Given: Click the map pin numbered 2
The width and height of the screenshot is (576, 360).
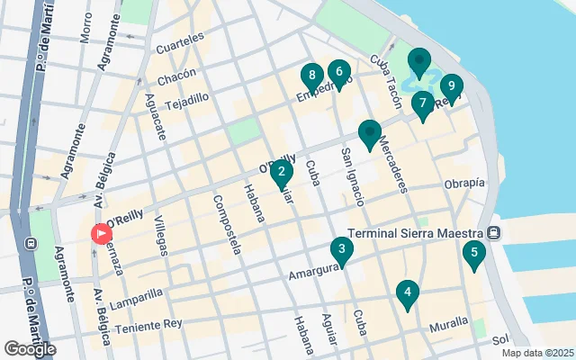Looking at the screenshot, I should point(282,172).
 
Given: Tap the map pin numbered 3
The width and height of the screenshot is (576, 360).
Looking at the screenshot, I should point(341,249).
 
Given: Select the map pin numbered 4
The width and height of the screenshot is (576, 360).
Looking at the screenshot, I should point(408,292).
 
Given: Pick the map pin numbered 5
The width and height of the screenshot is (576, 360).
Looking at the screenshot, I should point(474,253).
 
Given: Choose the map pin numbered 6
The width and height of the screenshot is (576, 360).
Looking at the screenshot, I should point(338,72).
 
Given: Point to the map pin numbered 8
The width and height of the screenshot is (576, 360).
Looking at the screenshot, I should point(311,76).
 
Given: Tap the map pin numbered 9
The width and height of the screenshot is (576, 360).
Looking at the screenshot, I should point(451,86).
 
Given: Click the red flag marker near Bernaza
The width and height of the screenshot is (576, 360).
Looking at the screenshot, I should point(100,233).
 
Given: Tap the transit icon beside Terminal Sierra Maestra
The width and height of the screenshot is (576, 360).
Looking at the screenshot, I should point(494,233).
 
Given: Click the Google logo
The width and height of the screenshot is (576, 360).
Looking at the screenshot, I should point(30,348).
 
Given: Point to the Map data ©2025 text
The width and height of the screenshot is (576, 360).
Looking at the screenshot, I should point(537,353).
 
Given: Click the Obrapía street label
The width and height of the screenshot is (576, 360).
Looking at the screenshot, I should point(463,184).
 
